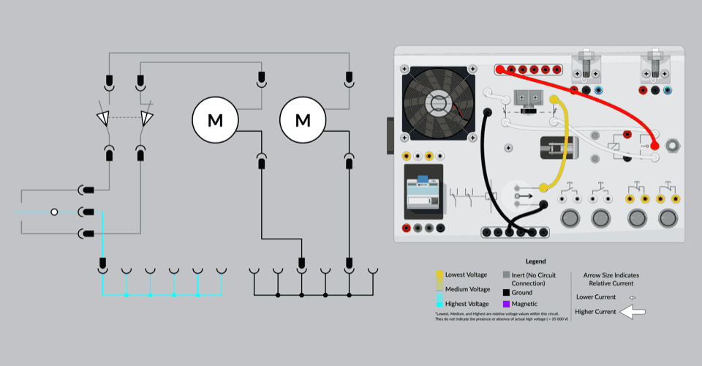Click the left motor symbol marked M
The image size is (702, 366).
pos(215,119)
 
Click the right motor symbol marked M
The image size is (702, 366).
pos(303,119)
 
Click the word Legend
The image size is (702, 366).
pos(535,261)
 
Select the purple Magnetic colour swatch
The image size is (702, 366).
pos(506,304)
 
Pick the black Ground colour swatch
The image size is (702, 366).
pos(506,293)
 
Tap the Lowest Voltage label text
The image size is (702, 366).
pos(465,274)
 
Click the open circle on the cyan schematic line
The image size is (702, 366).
pos(54,212)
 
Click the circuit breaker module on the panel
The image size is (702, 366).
pos(424,194)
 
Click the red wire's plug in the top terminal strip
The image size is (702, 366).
pos(501,70)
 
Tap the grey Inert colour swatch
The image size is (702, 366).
pos(506,274)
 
